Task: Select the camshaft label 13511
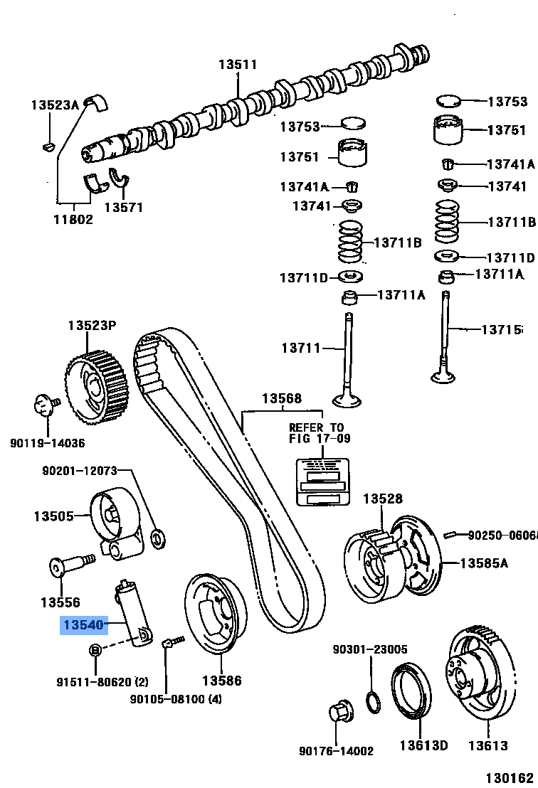tap(237, 65)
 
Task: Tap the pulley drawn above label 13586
tap(212, 612)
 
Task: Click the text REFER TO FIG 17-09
tap(320, 432)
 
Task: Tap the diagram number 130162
tap(510, 778)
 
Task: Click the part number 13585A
tap(484, 563)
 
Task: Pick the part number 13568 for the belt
tap(281, 399)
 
